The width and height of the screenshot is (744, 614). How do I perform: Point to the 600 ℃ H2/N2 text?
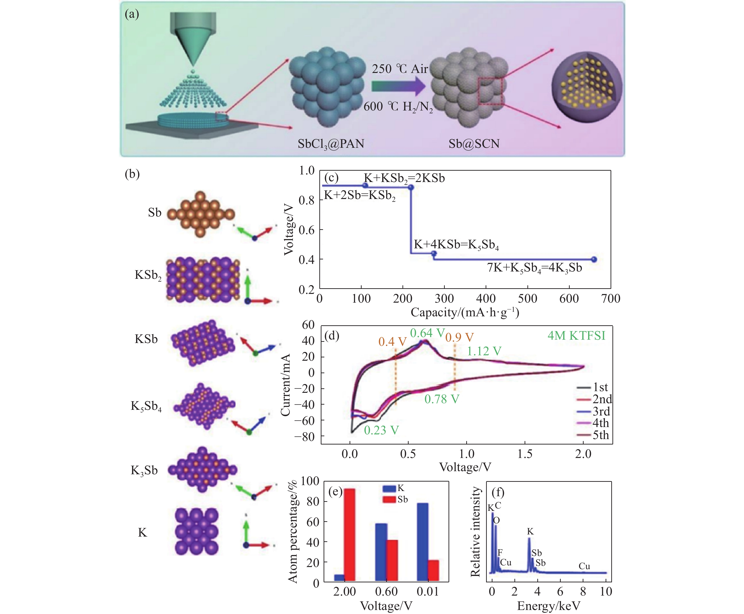click(398, 106)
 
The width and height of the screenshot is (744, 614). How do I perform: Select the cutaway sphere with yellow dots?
click(586, 87)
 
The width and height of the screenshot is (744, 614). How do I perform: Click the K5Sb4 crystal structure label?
click(146, 406)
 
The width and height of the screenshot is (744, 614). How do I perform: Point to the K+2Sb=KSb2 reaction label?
click(359, 195)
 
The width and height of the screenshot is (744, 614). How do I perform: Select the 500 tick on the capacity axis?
click(527, 299)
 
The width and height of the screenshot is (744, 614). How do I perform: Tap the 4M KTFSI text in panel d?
click(576, 335)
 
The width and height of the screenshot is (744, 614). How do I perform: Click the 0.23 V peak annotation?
click(381, 430)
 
